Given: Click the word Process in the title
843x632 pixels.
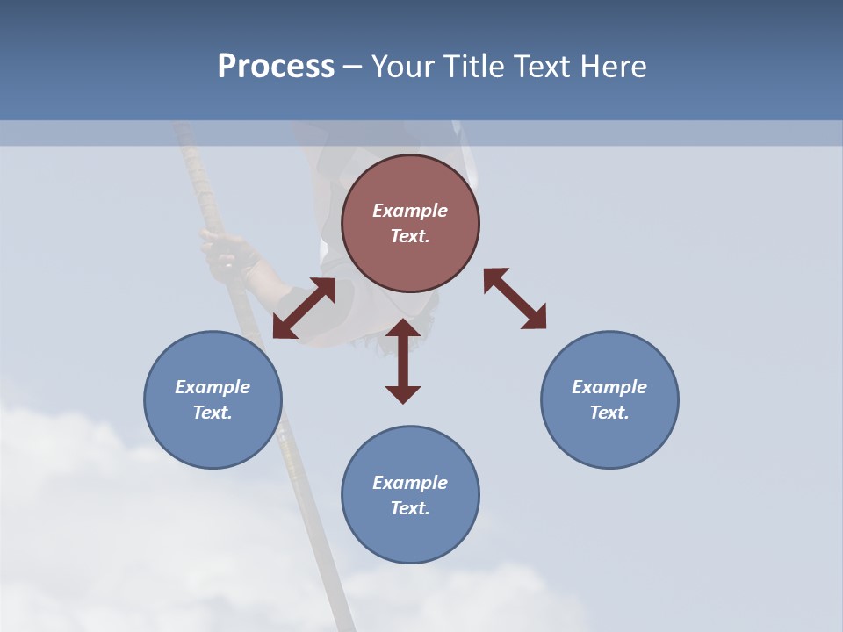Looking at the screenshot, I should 276,66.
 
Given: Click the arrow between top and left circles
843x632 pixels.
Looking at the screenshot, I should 304,308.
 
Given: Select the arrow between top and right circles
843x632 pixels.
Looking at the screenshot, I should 515,298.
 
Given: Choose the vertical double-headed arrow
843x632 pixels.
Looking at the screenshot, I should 403,361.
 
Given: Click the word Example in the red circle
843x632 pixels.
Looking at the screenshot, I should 410,211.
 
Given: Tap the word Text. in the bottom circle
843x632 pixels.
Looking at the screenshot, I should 410,508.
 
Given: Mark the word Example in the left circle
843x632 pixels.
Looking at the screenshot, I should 213,387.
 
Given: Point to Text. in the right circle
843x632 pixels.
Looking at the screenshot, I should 609,413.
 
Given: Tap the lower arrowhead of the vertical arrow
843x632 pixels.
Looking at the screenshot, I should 403,393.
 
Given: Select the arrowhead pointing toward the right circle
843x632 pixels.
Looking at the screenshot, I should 535,318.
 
